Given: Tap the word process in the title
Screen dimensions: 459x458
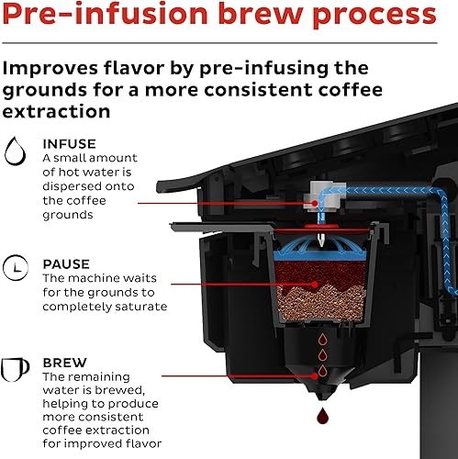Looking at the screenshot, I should (376, 16).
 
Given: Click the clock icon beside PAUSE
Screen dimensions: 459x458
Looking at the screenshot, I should (16, 269).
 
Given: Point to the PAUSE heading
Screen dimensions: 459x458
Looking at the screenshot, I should (66, 263).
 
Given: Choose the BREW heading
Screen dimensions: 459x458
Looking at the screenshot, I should (64, 363).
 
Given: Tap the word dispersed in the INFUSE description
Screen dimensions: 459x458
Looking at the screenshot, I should (77, 186).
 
